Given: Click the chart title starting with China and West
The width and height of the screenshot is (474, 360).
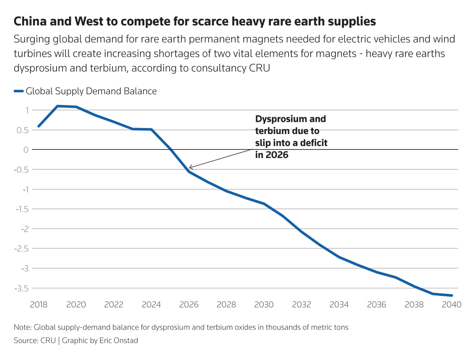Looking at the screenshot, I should [x=194, y=22].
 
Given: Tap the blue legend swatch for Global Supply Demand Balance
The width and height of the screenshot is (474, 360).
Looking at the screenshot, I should [x=19, y=91].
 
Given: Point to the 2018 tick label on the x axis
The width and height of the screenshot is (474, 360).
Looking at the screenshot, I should [x=38, y=305].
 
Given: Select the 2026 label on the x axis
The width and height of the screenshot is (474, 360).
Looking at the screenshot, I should [x=189, y=305].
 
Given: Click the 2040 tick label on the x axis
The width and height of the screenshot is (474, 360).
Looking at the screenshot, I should [x=451, y=305].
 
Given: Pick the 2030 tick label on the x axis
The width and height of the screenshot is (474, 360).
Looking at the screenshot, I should [x=264, y=305].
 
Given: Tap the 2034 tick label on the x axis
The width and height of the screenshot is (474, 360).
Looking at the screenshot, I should [x=339, y=305].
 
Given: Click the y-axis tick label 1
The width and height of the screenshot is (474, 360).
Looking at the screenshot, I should [x=27, y=110].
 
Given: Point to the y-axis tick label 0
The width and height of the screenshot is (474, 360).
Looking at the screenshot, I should [x=26, y=150].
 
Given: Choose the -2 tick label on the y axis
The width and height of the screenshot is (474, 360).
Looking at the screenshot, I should [x=24, y=229].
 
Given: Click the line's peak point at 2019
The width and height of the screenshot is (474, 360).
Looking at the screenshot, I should [x=57, y=106].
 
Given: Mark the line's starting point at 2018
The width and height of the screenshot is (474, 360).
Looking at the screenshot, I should [x=38, y=126].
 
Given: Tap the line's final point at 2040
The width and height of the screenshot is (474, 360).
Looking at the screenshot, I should [x=451, y=295].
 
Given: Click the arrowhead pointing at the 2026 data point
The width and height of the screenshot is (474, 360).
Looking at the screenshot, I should [x=190, y=167].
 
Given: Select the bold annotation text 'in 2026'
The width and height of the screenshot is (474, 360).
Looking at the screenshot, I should [x=272, y=155].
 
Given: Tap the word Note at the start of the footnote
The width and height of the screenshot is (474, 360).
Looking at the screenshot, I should [x=22, y=327].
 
